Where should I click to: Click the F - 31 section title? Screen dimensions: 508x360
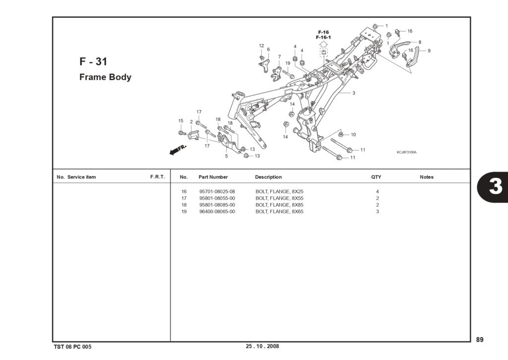tap(93, 62)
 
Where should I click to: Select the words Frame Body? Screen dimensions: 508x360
tap(105, 77)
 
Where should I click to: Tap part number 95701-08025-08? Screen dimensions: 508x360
tap(217, 192)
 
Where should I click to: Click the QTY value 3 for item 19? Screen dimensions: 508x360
tap(378, 212)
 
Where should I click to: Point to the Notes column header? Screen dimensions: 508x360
tap(426, 177)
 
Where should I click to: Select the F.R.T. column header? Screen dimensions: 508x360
tap(157, 177)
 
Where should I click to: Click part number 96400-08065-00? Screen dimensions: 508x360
tap(217, 212)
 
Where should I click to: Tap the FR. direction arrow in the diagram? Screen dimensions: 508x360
tap(178, 150)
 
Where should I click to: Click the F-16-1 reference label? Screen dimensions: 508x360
tap(323, 37)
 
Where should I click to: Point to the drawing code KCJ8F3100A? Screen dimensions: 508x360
tap(407, 152)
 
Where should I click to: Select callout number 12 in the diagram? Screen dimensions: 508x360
tap(261, 46)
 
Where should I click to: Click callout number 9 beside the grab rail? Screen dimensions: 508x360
tap(429, 51)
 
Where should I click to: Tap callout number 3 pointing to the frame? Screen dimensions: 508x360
tap(353, 93)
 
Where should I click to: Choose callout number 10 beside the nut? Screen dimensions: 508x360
tap(353, 135)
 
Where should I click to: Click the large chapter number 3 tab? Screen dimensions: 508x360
tap(495, 187)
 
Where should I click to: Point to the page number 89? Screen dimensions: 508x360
tap(480, 340)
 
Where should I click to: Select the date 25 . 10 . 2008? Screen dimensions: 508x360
tap(262, 346)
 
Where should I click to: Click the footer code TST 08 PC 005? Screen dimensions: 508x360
tap(72, 347)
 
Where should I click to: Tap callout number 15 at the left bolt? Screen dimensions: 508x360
tap(181, 121)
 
